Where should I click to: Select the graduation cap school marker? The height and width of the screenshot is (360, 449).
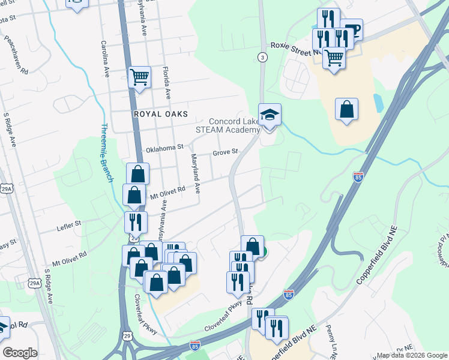[x=270, y=115]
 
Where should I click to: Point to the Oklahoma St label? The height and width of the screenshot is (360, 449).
[x=164, y=148]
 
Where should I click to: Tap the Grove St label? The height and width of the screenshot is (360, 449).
[x=226, y=153]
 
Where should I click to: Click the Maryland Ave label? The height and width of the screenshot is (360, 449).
[x=195, y=173]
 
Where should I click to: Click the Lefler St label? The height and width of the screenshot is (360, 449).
[x=69, y=224]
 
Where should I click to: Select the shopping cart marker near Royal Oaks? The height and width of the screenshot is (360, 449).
[x=139, y=77]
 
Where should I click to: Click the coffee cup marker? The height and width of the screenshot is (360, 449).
[x=353, y=30]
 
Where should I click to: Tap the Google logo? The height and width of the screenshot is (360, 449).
[x=20, y=353]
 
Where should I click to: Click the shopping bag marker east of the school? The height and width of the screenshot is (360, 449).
[x=346, y=109]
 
